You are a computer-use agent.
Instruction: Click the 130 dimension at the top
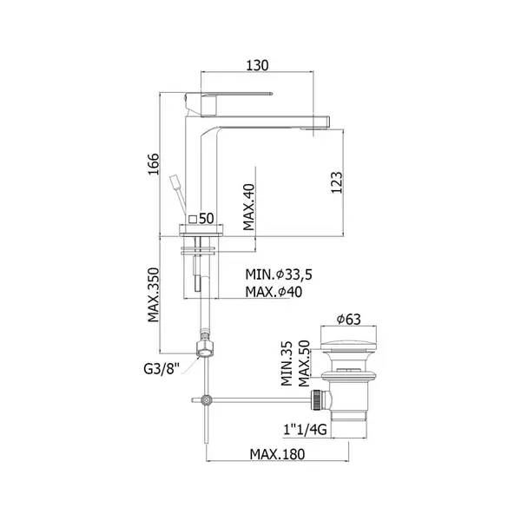(x=257, y=65)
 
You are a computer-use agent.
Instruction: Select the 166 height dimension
(x=154, y=164)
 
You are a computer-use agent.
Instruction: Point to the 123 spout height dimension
(x=336, y=182)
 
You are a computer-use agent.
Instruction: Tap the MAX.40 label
(x=248, y=207)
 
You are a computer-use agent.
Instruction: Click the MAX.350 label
(x=154, y=295)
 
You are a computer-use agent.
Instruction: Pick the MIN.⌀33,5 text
(x=279, y=274)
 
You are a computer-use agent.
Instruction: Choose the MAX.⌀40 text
(x=274, y=292)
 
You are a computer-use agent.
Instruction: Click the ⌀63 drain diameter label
(x=348, y=320)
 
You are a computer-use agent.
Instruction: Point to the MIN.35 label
(x=287, y=364)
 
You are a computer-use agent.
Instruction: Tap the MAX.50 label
(x=304, y=364)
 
